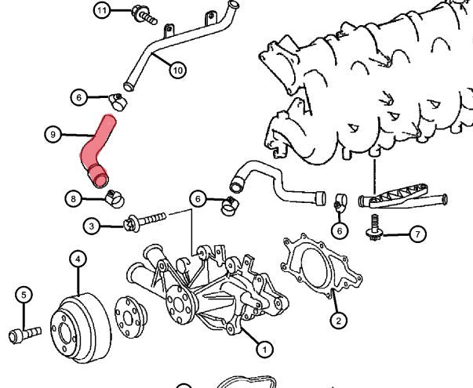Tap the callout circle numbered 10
(177, 70)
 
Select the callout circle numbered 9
(53, 135)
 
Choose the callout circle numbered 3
(91, 226)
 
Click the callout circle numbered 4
(78, 258)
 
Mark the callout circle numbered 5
(24, 294)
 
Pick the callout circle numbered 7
(417, 234)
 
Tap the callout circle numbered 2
(338, 320)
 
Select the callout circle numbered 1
(264, 349)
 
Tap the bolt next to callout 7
(374, 229)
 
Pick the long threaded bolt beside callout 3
(149, 219)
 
